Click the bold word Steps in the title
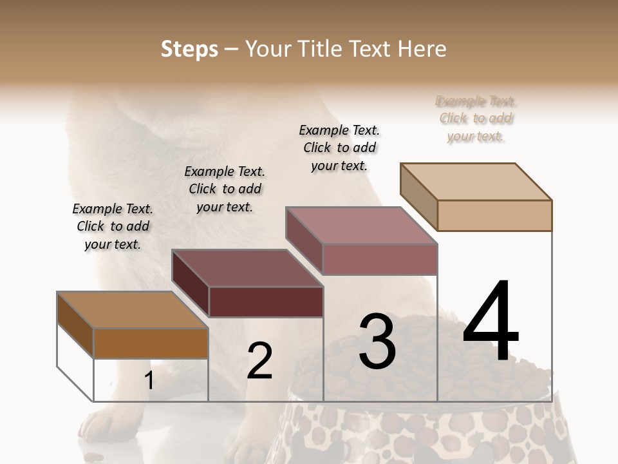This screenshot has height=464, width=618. tap(189, 49)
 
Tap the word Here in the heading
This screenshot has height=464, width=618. tap(423, 49)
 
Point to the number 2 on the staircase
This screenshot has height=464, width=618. tap(259, 362)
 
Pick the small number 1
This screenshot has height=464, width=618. tap(149, 381)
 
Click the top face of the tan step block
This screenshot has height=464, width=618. tap(476, 181)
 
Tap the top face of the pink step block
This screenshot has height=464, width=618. tap(362, 225)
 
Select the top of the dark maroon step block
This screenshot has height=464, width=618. tap(247, 267)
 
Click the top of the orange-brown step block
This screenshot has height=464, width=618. tap(133, 310)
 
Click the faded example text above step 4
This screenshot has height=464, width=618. tap(476, 119)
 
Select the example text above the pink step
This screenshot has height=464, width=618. tap(339, 148)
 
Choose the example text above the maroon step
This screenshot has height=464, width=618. tap(225, 189)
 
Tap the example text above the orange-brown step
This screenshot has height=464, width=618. tap(113, 226)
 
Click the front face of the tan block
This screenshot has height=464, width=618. tap(494, 215)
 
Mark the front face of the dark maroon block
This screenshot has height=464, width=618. tap(266, 302)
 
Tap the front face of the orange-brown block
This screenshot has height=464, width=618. tap(151, 343)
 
